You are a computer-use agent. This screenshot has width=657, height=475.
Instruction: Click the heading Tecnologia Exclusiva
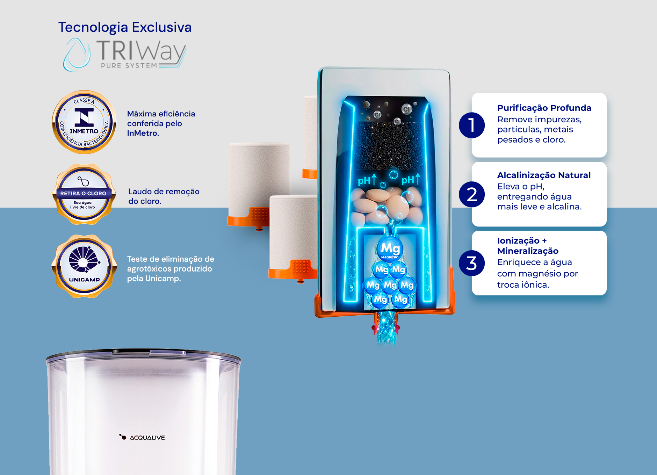(x=125, y=27)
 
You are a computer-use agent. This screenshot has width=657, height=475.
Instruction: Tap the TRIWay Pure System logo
(x=125, y=55)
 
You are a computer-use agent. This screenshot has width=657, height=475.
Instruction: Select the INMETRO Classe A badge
(x=84, y=122)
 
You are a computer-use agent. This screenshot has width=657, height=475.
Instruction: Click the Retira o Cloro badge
(x=84, y=194)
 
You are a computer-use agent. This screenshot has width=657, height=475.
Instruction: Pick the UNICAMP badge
(x=84, y=266)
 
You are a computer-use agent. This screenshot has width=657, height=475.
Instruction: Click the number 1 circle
(x=472, y=125)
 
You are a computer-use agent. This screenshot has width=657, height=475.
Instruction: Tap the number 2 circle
(x=472, y=194)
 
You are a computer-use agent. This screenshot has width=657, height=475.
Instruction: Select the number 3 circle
(x=472, y=263)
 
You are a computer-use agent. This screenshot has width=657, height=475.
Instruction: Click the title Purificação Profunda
(x=544, y=108)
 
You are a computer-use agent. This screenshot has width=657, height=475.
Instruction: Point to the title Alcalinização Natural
(x=544, y=175)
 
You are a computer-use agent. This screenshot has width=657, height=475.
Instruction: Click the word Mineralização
(x=528, y=251)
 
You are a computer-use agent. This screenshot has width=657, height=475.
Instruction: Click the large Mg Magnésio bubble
(x=390, y=249)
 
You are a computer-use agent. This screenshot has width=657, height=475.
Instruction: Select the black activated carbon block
(x=389, y=145)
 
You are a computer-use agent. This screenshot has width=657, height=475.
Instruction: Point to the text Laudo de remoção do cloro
(x=164, y=196)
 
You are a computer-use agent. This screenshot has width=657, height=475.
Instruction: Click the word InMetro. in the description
(x=143, y=133)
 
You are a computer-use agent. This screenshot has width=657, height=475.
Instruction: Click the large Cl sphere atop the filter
(x=406, y=109)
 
